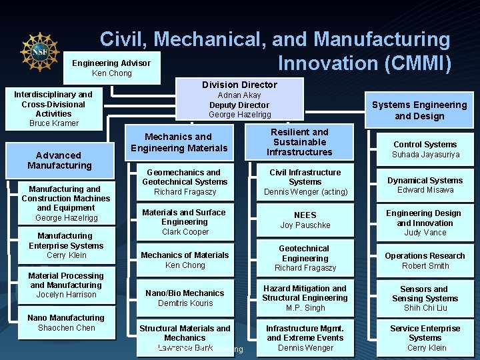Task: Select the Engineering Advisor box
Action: (111, 68)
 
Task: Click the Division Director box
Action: (239, 99)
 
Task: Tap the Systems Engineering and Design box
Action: (419, 110)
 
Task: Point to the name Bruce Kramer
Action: (54, 123)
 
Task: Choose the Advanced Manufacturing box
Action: (59, 160)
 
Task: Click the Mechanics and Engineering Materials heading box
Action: (179, 142)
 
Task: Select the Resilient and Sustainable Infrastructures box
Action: (300, 142)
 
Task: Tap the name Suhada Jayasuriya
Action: (425, 155)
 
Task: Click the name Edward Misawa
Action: (425, 190)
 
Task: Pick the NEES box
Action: (305, 220)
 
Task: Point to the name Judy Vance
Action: (425, 233)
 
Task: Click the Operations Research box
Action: (425, 260)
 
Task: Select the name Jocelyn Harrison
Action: (66, 295)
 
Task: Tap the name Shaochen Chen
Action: (67, 328)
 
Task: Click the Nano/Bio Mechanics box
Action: (185, 298)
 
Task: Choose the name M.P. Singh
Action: (305, 308)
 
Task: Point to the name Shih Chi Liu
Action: (425, 308)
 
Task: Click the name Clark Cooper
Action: (185, 232)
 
